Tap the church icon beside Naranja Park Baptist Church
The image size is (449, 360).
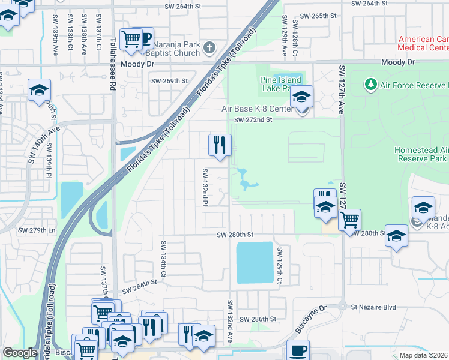(209, 47)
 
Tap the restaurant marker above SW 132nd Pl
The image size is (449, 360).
(220, 145)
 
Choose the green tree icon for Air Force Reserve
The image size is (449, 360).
(370, 85)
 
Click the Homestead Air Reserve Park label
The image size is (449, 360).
(421, 154)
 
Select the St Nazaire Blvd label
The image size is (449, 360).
(373, 307)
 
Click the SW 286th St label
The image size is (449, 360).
(258, 319)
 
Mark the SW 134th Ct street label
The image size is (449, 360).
(162, 254)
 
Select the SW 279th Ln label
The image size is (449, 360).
(37, 230)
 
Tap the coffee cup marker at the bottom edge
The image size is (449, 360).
(298, 350)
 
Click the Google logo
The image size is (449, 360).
(20, 353)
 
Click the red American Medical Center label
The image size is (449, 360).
(423, 43)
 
